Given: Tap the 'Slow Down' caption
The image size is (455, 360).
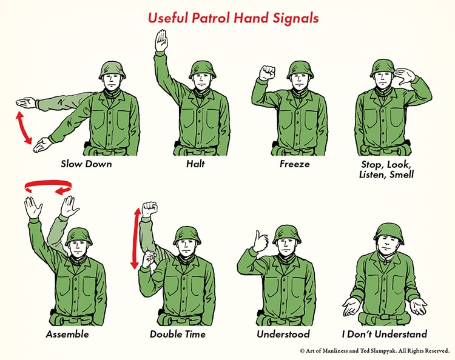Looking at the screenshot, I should (x=86, y=164).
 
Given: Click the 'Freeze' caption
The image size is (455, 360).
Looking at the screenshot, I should (x=294, y=164).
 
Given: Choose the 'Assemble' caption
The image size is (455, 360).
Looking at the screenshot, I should (x=67, y=334).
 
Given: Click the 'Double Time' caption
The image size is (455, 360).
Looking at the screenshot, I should (x=178, y=334).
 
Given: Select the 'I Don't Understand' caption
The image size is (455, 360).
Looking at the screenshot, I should (x=383, y=334).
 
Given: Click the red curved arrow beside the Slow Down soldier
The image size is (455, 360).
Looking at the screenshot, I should (x=24, y=127).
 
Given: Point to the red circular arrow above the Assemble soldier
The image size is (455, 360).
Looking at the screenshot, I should (x=48, y=187).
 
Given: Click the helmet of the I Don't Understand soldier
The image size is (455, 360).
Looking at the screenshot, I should (x=388, y=232).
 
